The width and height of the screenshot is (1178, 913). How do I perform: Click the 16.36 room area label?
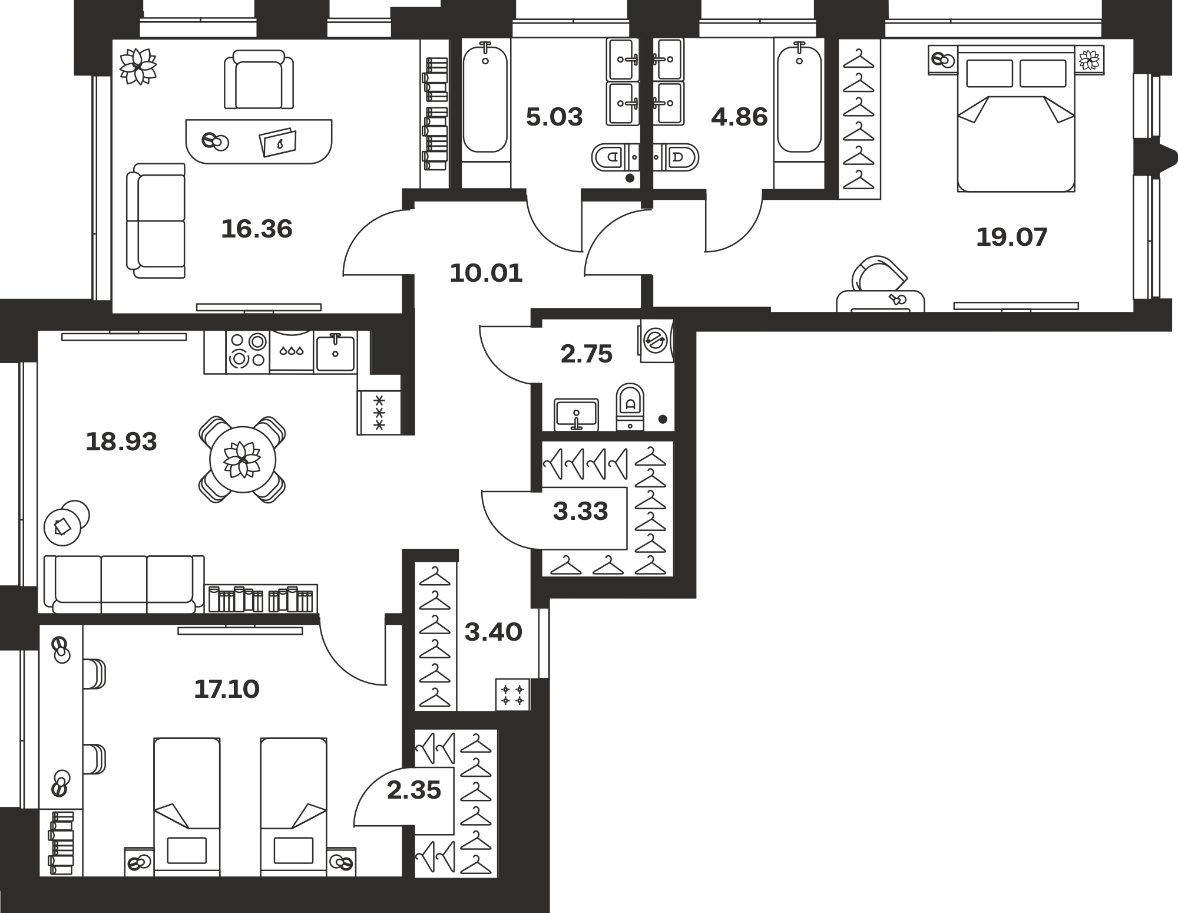click(x=256, y=229)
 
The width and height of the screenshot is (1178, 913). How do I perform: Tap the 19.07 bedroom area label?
click(x=1012, y=237)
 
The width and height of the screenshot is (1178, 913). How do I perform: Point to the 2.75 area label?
click(x=587, y=354)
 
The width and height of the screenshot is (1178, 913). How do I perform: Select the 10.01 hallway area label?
click(x=486, y=273)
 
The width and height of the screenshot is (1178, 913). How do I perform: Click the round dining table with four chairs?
click(x=243, y=460)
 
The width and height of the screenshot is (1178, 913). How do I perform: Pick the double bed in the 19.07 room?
click(x=1016, y=118)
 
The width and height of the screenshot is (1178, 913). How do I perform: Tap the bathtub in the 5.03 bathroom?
click(x=485, y=100)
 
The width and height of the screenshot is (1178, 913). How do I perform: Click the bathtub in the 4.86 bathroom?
click(x=799, y=100)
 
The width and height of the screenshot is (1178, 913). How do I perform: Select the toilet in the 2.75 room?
click(x=630, y=406)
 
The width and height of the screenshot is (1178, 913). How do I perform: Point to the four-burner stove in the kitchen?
click(x=247, y=351)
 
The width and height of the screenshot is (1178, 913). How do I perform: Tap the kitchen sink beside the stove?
click(x=335, y=352)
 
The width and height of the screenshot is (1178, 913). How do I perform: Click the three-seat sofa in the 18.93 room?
click(x=124, y=584)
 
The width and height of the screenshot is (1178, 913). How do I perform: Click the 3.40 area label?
click(x=493, y=632)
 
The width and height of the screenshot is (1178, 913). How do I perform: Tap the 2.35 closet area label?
click(x=413, y=790)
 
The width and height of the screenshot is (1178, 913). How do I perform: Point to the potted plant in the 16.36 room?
click(x=138, y=66)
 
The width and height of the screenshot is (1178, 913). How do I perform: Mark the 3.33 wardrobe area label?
click(x=580, y=511)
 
